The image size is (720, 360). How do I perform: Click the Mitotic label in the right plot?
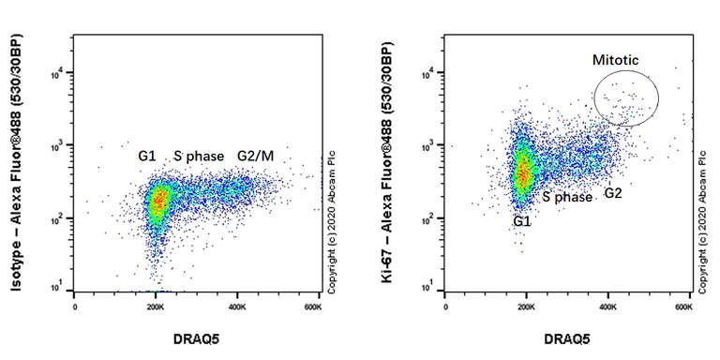pos(615,60)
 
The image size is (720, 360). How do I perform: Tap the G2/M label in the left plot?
pos(255,155)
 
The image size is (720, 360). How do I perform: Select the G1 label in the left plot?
pos(149,155)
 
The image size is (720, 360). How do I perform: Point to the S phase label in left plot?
pos(197,155)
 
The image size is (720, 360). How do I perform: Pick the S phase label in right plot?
pos(567,198)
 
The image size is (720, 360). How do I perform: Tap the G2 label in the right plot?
pos(613,193)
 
